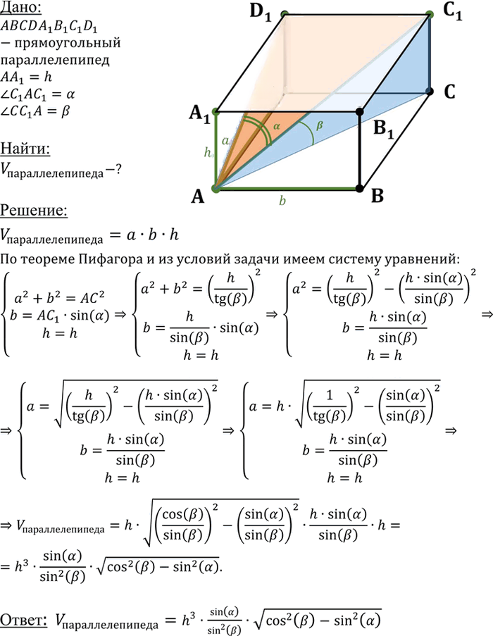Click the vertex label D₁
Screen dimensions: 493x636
click(x=261, y=12)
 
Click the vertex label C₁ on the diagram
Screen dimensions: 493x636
click(x=452, y=11)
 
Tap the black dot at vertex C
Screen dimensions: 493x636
click(x=430, y=92)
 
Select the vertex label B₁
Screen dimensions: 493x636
click(x=384, y=130)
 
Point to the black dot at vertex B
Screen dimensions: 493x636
click(x=359, y=188)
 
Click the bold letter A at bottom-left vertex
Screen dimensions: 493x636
click(x=197, y=197)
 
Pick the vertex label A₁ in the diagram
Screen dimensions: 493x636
click(x=199, y=114)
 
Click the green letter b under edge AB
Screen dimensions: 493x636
click(x=282, y=200)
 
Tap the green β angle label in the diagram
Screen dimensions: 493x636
click(x=320, y=125)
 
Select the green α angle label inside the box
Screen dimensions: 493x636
click(x=277, y=127)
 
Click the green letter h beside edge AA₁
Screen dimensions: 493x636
click(x=207, y=152)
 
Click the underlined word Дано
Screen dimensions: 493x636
click(x=20, y=8)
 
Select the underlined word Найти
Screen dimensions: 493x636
click(x=25, y=149)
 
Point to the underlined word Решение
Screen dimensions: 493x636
click(x=34, y=210)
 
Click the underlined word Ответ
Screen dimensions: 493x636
click(x=24, y=621)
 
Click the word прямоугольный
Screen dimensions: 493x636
click(x=67, y=43)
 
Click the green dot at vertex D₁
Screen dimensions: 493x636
click(x=285, y=15)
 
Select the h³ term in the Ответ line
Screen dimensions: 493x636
click(x=189, y=619)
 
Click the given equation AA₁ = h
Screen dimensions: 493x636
click(x=26, y=77)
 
